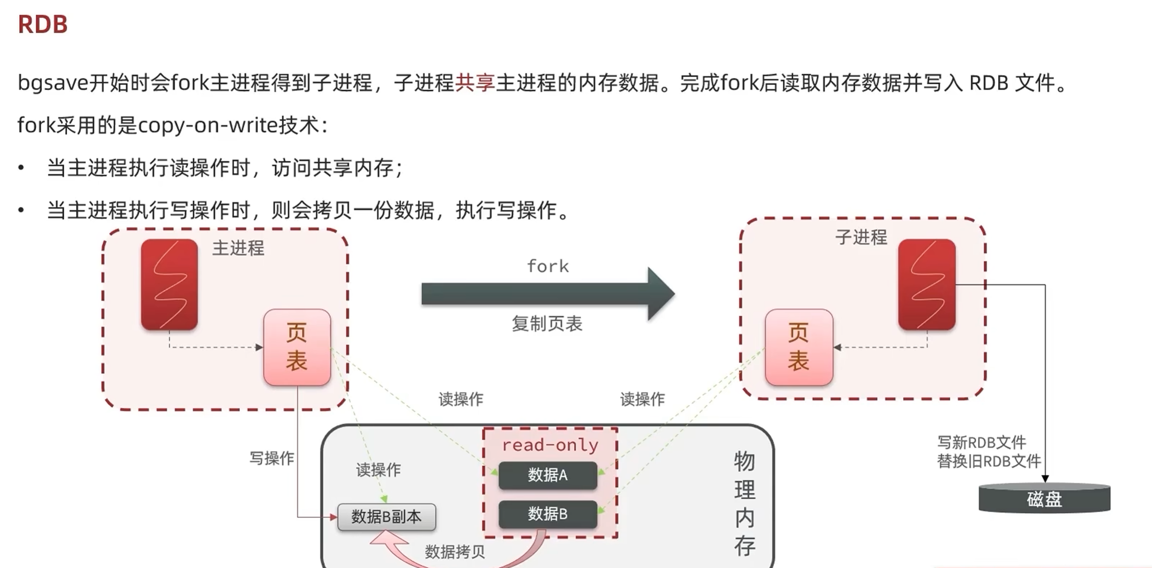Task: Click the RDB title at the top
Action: point(43,24)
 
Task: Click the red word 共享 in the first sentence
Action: point(474,83)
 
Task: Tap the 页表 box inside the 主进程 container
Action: point(297,347)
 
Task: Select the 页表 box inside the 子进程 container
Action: point(799,347)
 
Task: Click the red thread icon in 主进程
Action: point(169,284)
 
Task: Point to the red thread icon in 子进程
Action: point(927,284)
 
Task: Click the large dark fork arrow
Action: point(547,294)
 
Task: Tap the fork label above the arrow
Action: point(548,266)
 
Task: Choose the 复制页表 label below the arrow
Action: point(547,324)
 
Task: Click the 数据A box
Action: point(548,475)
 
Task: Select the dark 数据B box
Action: point(548,514)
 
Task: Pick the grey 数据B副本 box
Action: point(387,517)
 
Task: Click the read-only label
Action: point(550,445)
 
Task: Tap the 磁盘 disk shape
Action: point(1044,499)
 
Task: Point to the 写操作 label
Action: point(271,458)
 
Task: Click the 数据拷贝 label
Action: point(455,552)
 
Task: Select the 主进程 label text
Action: point(238,248)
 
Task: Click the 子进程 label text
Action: point(861,237)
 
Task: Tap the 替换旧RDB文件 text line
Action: point(988,461)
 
